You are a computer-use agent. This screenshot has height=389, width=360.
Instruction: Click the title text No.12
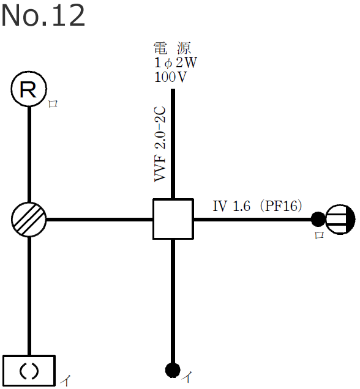click(x=43, y=16)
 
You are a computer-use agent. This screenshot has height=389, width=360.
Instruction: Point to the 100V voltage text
click(x=171, y=77)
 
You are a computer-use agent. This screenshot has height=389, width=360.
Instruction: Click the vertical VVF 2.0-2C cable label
click(x=160, y=144)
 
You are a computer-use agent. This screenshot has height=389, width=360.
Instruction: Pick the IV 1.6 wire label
click(x=231, y=207)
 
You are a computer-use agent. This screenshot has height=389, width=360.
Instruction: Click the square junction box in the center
click(x=173, y=219)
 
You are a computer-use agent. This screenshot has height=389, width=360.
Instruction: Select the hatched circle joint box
click(x=29, y=219)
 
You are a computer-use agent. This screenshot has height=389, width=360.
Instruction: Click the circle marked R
click(x=29, y=91)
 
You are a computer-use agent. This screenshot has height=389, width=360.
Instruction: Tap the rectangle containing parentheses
click(x=29, y=370)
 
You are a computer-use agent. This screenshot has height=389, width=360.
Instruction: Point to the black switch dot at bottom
click(x=173, y=370)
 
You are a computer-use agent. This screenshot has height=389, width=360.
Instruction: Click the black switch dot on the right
click(x=318, y=218)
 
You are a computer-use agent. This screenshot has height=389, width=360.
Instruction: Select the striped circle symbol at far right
click(x=340, y=218)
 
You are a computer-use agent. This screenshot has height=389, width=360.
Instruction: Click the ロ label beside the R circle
click(x=53, y=104)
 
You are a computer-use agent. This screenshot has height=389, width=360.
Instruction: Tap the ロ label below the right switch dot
click(x=318, y=235)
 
